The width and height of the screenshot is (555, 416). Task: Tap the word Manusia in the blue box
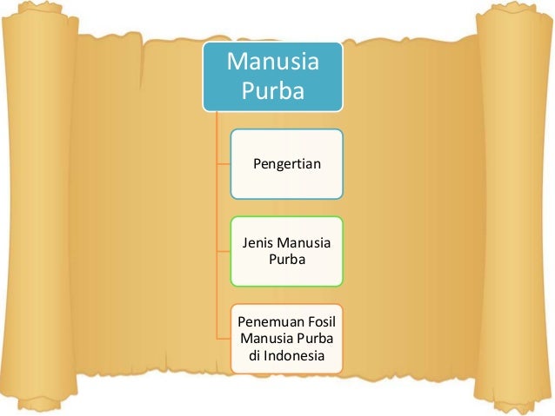coord(272,63)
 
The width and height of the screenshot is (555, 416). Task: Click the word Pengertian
coord(286,163)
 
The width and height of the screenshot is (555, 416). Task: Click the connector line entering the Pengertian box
coord(224,163)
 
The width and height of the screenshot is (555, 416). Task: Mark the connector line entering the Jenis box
coord(224,251)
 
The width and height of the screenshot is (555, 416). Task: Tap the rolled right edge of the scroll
coord(514,208)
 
